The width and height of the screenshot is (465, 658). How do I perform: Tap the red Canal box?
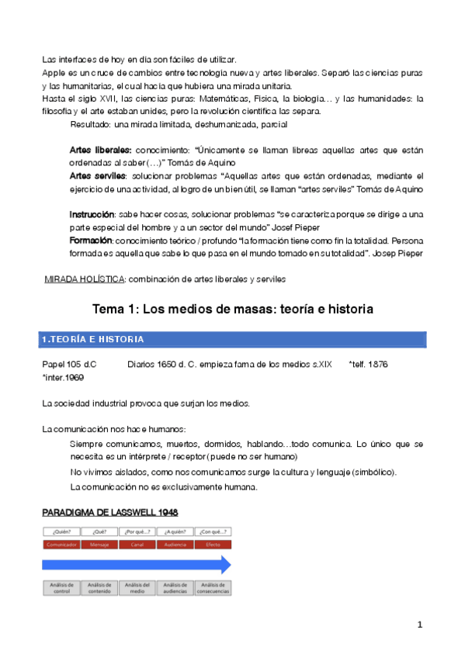click(x=137, y=545)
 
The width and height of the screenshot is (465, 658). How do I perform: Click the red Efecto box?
click(x=213, y=545)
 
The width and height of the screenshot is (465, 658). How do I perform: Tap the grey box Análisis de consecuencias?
click(x=213, y=587)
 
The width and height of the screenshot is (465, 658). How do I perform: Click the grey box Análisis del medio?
click(x=137, y=587)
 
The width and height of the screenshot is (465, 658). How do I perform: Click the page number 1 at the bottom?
click(x=419, y=625)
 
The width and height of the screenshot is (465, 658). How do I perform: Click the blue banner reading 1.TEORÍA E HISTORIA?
click(x=233, y=340)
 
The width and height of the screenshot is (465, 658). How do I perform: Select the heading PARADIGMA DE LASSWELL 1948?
click(x=110, y=512)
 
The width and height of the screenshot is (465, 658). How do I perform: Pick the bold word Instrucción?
click(x=92, y=213)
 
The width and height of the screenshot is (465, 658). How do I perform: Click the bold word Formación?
click(x=91, y=241)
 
